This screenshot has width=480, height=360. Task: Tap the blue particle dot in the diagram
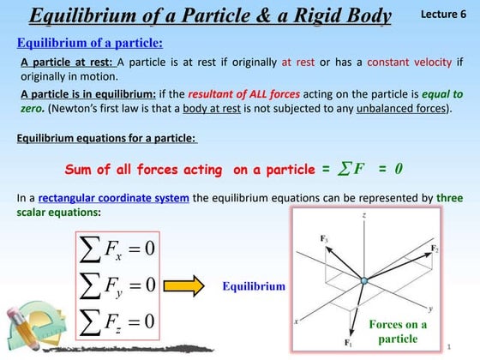pos(363,281)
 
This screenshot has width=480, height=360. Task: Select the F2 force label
pos(435,249)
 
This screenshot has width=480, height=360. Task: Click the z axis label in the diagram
pos(364,217)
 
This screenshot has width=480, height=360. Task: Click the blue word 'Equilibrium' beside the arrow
pos(254,286)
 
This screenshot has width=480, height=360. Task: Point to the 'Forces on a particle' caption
pos(398,331)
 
